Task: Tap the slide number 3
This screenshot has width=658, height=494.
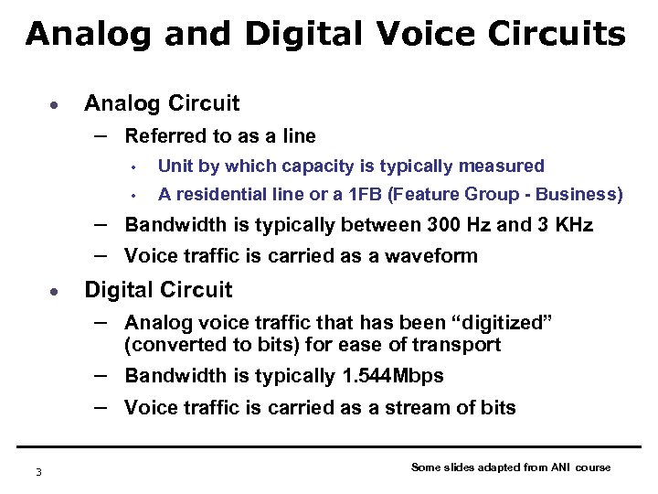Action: [x=38, y=471]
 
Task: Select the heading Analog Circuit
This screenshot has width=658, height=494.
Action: [x=162, y=103]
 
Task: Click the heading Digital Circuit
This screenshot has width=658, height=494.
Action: [x=158, y=290]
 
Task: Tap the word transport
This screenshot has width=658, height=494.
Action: [x=457, y=345]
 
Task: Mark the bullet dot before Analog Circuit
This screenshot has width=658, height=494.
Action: [x=55, y=104]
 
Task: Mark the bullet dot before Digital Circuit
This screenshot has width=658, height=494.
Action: [x=55, y=291]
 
